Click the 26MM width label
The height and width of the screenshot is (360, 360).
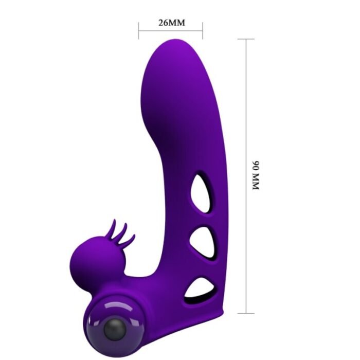[x=171, y=23]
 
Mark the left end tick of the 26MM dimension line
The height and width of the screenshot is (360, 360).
[x=138, y=30]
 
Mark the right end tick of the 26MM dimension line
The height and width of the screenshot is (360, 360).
[x=203, y=30]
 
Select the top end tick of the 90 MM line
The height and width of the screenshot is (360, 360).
[x=246, y=39]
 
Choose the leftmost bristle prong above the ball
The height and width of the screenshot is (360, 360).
[x=111, y=226]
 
